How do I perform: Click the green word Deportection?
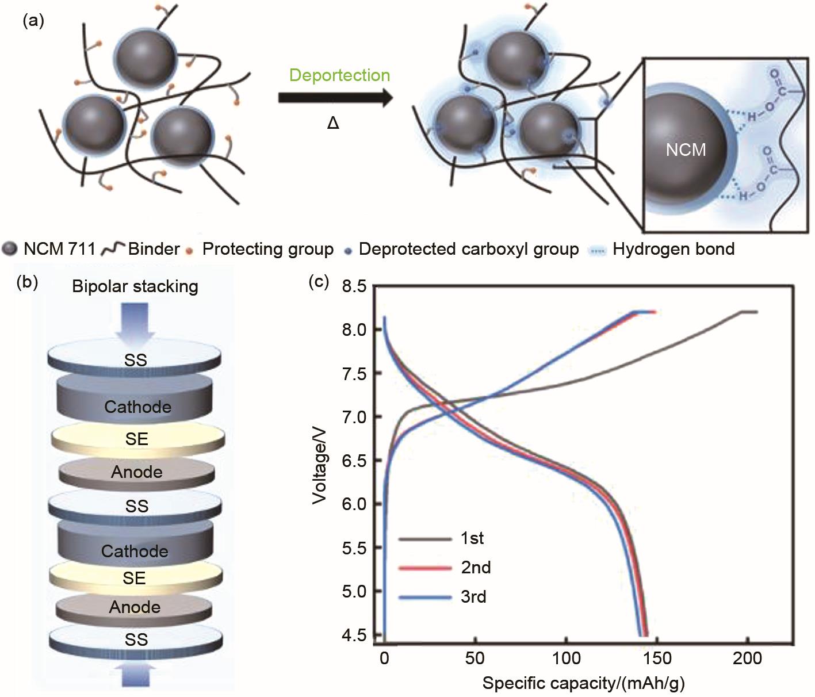[339, 75]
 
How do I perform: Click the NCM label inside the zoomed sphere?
[686, 150]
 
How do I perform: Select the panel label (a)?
[33, 21]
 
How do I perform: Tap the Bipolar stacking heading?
[135, 286]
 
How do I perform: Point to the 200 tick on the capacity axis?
[748, 658]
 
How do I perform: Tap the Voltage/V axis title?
[320, 460]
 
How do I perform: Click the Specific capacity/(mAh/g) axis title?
[583, 683]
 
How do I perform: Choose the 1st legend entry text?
[472, 538]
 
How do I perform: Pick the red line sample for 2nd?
[425, 568]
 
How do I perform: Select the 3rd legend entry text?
[473, 597]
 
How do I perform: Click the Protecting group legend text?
[268, 249]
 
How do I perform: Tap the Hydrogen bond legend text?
[674, 249]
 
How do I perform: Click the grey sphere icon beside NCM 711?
[10, 250]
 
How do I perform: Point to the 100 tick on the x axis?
[566, 658]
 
